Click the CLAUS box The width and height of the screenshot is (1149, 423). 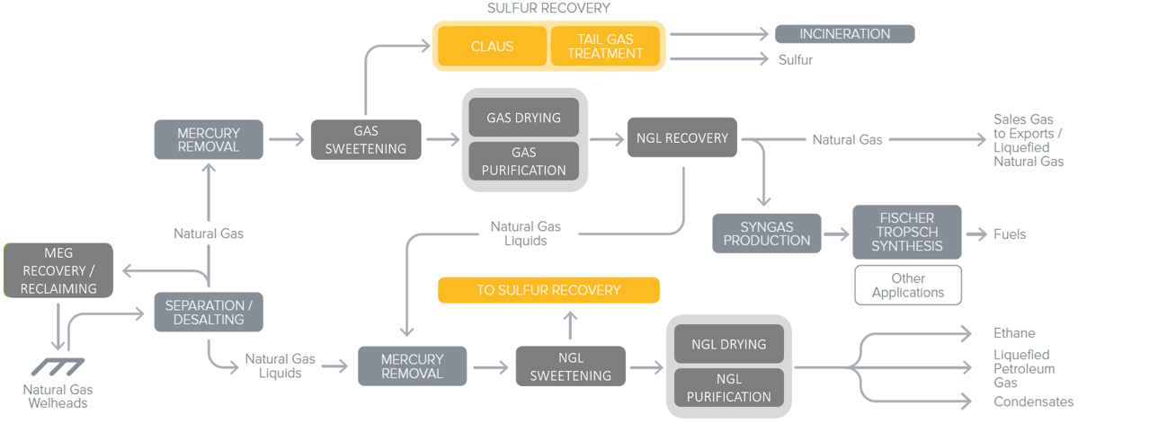(492, 46)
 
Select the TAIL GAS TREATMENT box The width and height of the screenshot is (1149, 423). (605, 46)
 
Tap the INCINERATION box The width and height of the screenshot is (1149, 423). (844, 34)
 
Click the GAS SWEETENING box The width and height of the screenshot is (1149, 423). (366, 139)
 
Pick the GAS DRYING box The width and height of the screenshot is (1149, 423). (523, 118)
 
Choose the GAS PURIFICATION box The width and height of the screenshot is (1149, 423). (523, 162)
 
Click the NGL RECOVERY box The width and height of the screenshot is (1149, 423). (682, 137)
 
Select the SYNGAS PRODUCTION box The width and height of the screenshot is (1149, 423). (767, 234)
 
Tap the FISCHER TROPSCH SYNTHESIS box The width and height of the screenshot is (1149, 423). (906, 232)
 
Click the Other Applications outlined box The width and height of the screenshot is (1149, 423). (907, 286)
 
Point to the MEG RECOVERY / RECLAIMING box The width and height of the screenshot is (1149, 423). (58, 270)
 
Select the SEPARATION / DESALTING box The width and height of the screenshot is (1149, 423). (209, 312)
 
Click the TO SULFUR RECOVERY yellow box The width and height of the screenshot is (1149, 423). (548, 290)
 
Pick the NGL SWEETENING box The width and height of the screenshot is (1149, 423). (570, 366)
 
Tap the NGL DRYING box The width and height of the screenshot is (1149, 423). (728, 344)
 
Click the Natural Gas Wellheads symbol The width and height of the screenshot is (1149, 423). (58, 366)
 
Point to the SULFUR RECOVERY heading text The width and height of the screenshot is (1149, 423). (548, 8)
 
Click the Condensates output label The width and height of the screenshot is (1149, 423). (1033, 401)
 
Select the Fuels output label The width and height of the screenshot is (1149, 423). (1009, 234)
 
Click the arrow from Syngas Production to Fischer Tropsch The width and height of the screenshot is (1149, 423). (836, 234)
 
